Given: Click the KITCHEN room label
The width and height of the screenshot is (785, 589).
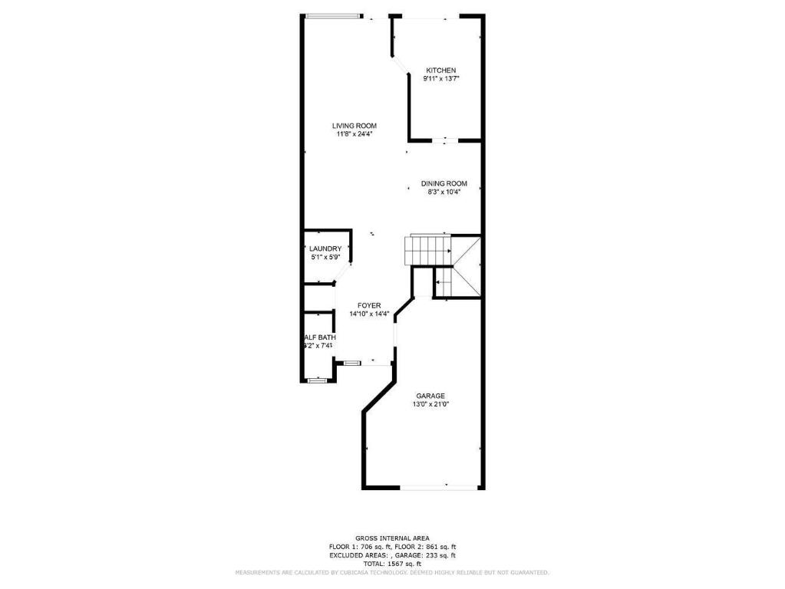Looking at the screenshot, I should [x=440, y=71].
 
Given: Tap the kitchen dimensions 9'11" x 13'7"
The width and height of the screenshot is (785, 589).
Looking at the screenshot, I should [x=440, y=79].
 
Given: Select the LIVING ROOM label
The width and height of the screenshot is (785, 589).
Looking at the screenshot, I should [x=354, y=126].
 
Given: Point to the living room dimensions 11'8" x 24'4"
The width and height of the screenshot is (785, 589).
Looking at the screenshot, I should [x=354, y=134].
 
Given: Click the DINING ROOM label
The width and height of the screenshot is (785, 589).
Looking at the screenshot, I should [x=444, y=183].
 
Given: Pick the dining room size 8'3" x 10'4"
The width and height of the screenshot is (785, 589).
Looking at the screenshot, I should [x=444, y=192].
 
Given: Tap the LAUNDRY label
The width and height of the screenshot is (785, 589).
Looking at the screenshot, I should [x=325, y=248].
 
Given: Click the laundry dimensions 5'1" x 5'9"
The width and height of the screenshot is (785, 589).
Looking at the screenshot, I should [x=325, y=258].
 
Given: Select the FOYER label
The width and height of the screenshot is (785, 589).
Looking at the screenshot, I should [x=369, y=305].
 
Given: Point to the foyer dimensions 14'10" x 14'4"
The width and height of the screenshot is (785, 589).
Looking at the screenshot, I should [x=369, y=314].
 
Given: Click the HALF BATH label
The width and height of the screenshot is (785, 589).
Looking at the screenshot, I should [x=318, y=337].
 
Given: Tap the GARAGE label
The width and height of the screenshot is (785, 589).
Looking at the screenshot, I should [x=430, y=396].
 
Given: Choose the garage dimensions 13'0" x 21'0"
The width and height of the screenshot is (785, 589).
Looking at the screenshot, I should [x=430, y=404].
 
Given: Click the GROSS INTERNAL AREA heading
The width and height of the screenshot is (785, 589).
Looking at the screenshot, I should [x=392, y=538].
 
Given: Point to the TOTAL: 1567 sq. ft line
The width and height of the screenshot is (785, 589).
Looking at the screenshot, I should [x=392, y=563].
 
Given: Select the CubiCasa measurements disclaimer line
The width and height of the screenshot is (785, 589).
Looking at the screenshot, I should [x=392, y=573].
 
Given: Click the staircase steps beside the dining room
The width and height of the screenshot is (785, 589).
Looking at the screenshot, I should [x=428, y=249].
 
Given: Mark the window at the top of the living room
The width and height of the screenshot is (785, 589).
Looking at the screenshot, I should [x=332, y=16].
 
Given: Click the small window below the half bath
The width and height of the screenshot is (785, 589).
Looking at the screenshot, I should [x=316, y=379].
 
